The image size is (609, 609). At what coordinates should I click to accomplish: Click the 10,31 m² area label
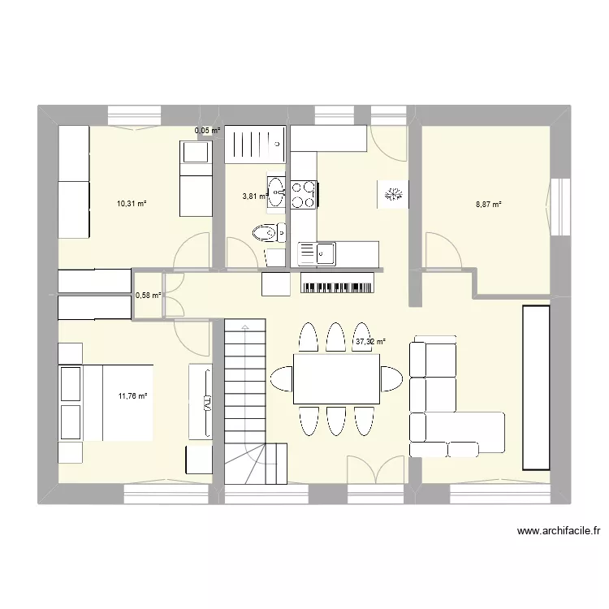click(x=132, y=204)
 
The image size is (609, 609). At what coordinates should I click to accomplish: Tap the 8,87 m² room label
click(x=488, y=204)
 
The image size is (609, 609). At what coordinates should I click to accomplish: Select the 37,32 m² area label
click(x=370, y=342)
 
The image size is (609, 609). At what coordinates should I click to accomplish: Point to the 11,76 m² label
click(x=132, y=396)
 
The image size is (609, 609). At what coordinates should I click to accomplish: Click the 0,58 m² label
click(x=148, y=296)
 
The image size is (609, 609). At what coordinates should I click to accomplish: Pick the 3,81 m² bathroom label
click(x=254, y=196)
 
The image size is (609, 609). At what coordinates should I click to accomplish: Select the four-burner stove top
click(x=304, y=194)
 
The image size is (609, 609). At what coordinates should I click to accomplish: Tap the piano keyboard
click(x=337, y=283)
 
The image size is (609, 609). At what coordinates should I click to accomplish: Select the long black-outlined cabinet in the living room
click(x=537, y=387)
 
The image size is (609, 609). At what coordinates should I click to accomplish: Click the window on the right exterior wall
click(x=559, y=207)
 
